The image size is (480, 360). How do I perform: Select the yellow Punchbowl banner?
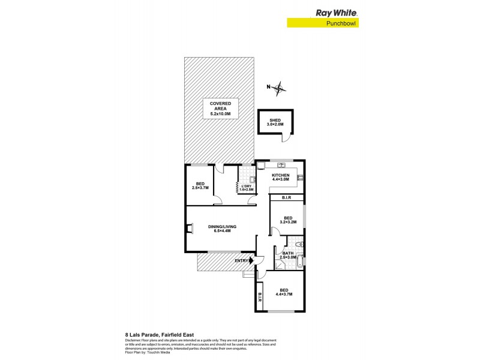point(326,23)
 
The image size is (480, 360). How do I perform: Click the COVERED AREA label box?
point(220,109)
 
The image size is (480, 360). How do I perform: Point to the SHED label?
point(275,123)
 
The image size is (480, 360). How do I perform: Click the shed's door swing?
point(287,137)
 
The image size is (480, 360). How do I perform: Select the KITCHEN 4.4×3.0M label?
point(280,177)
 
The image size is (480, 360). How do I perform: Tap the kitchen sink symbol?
point(265,165)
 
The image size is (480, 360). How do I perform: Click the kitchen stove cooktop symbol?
point(300,177)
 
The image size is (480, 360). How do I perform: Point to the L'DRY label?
point(247,188)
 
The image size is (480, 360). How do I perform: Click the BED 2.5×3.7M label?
point(200,186)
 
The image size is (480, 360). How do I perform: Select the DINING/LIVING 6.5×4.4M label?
point(222,228)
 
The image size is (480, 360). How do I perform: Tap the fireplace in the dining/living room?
point(190,228)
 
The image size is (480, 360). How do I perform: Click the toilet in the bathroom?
point(299,246)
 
